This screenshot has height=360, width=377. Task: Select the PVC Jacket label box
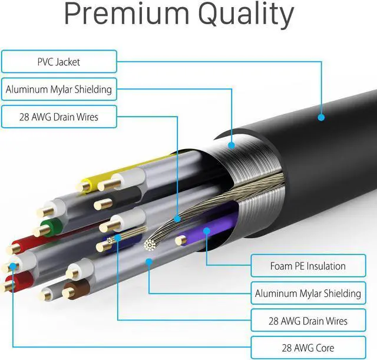click(59, 61)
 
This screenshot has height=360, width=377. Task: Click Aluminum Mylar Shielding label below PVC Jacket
click(59, 90)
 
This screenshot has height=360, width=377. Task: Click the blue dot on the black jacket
click(322, 117)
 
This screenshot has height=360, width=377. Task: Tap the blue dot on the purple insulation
click(206, 230)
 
